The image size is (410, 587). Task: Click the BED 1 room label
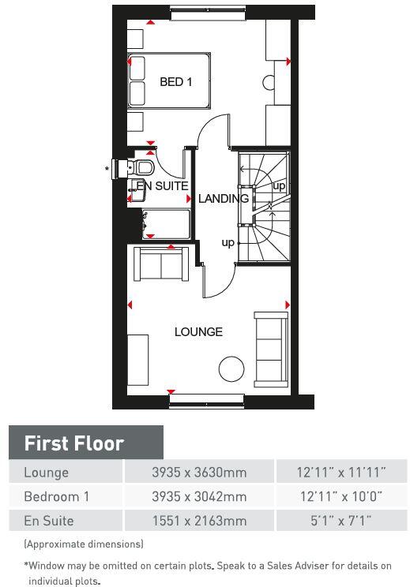[175, 81]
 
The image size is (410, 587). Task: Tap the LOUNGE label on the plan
[198, 331]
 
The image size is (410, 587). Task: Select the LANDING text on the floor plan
[223, 199]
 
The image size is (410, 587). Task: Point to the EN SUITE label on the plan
[162, 186]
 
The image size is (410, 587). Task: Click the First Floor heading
[74, 443]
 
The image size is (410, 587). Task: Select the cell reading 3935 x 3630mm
[199, 473]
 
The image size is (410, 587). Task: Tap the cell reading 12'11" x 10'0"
[340, 496]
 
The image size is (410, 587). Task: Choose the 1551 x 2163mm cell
[199, 521]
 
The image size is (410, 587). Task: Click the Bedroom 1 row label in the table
[57, 496]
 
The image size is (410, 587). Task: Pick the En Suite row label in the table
[49, 521]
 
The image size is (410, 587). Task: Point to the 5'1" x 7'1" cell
[340, 521]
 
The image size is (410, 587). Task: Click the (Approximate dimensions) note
[84, 544]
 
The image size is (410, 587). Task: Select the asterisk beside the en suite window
[107, 169]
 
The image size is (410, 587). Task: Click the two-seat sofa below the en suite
[161, 264]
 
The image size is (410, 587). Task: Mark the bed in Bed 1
[169, 80]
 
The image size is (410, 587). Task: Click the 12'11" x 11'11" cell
[340, 473]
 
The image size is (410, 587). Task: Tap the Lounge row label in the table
[47, 473]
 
